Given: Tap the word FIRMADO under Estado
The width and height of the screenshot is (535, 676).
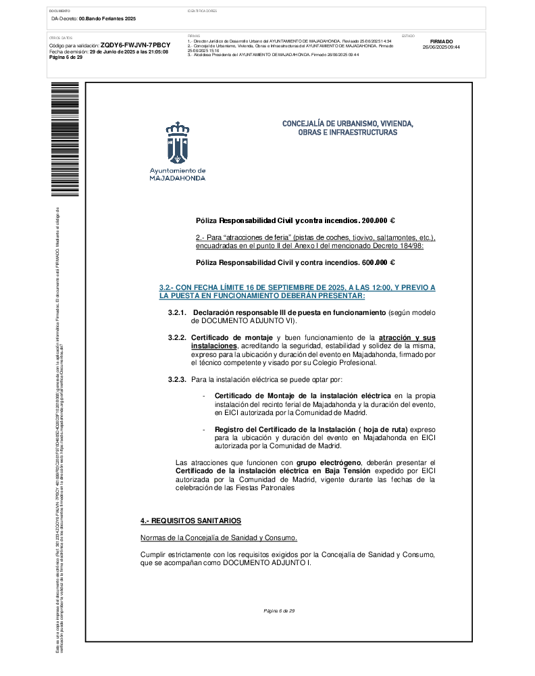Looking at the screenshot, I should [x=441, y=41].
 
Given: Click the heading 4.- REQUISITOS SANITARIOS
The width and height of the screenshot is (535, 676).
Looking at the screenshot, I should [x=190, y=521].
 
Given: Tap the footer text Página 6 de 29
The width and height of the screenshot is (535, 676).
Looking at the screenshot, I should [x=279, y=611].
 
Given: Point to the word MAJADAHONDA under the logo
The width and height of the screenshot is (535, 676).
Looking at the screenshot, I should [x=178, y=178].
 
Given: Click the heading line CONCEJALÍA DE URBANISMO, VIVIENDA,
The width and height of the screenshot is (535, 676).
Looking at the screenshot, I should [x=347, y=124].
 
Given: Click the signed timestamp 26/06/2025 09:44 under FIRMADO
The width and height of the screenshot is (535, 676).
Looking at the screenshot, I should [x=441, y=47].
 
